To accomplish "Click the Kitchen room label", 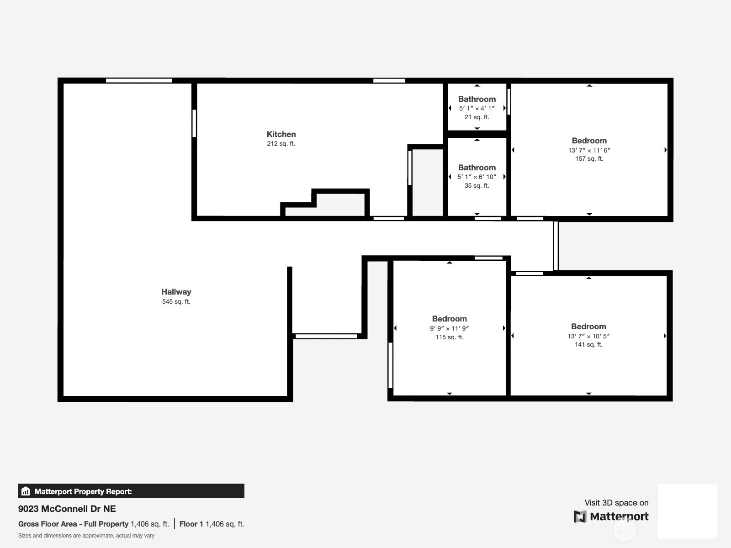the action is point(281,134).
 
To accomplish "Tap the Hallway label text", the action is point(176,292).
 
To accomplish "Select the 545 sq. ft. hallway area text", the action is point(176,301).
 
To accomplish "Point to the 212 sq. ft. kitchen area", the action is point(281,143).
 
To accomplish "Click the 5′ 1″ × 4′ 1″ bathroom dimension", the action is point(477,108).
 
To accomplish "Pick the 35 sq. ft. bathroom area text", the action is point(477,185).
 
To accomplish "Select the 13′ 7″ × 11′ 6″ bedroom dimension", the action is point(589,150).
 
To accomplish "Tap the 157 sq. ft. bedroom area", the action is point(589,159).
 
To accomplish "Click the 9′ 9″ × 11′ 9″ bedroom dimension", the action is point(449,328).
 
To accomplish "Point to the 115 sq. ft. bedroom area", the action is point(449,337).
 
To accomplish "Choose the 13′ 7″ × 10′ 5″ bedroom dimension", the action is point(588,336).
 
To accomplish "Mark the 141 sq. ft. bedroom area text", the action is point(588,345).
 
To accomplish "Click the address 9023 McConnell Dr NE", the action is point(67,509).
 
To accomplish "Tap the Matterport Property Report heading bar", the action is point(131,491).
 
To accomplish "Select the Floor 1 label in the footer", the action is point(191,524).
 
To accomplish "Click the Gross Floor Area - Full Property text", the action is point(73,524).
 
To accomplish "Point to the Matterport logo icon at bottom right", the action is point(580,516).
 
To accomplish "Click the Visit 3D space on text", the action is point(616,503).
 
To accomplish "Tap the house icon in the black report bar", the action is point(26,491).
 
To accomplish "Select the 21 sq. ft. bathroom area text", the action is point(477,117).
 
